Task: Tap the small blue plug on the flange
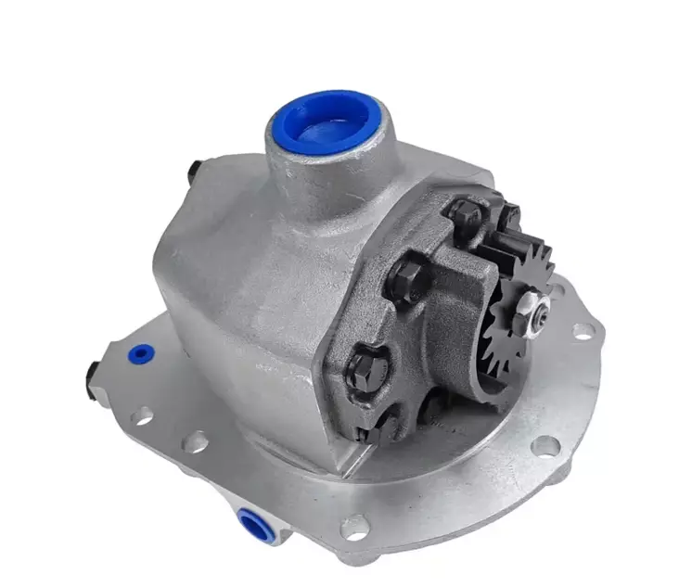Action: tap(139, 354)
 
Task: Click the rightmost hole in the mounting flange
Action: tap(581, 329)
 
